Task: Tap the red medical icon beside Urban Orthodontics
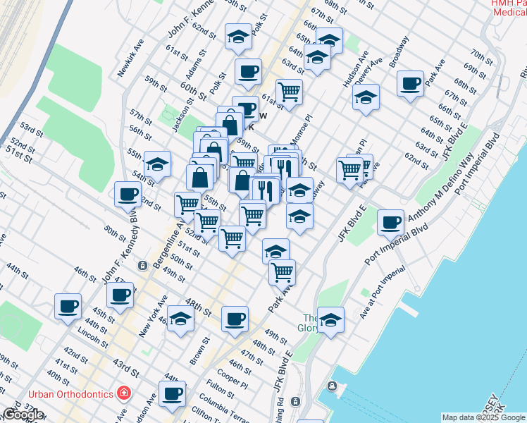coord(124,392)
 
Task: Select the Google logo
coord(23,415)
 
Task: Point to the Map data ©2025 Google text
coord(484,417)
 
